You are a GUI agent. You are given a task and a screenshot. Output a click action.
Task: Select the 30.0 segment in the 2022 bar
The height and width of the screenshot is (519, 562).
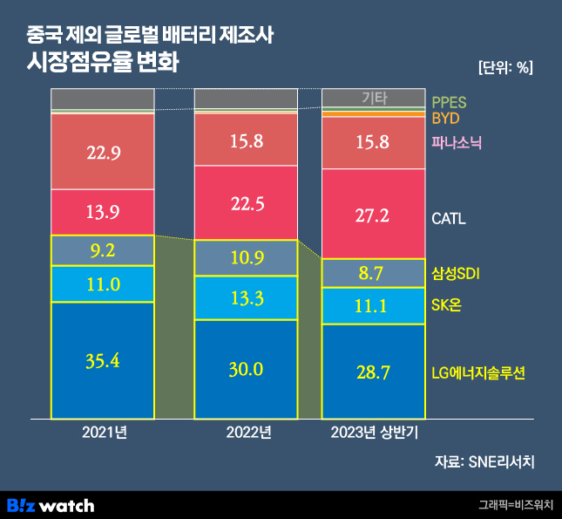tap(246, 369)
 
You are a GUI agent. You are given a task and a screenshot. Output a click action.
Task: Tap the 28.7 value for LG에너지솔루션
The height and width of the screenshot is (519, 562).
tap(373, 372)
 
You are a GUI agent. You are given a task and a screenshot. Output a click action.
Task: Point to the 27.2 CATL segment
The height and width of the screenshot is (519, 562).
tap(373, 217)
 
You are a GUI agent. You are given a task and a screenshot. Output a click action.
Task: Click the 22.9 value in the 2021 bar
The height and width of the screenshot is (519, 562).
tap(103, 153)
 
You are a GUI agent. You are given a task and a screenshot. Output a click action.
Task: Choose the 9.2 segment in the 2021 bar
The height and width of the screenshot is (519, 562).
tap(103, 251)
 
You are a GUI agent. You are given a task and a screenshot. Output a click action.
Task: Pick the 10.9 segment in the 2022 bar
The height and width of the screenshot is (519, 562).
tap(246, 258)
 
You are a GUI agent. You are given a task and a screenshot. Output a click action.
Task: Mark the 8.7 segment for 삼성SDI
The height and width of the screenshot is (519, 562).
tap(373, 274)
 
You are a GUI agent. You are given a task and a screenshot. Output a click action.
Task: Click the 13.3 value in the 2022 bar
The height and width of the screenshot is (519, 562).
tap(246, 297)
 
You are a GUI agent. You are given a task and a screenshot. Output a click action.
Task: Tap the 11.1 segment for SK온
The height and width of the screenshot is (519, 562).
tap(373, 305)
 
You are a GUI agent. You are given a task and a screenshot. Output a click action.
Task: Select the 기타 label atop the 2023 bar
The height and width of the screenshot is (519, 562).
tap(374, 98)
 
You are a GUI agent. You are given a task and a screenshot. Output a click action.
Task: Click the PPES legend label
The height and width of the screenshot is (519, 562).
tap(450, 102)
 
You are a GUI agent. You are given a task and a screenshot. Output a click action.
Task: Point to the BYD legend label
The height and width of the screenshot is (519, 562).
tap(445, 118)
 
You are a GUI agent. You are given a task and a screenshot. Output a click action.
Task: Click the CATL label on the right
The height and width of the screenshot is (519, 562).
tap(449, 218)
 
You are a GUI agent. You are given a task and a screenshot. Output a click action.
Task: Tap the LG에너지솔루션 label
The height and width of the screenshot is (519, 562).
tap(479, 373)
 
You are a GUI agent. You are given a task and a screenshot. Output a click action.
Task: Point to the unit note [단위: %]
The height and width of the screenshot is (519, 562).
tap(505, 67)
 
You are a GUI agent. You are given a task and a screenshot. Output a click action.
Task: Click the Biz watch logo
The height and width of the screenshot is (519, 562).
tap(51, 504)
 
